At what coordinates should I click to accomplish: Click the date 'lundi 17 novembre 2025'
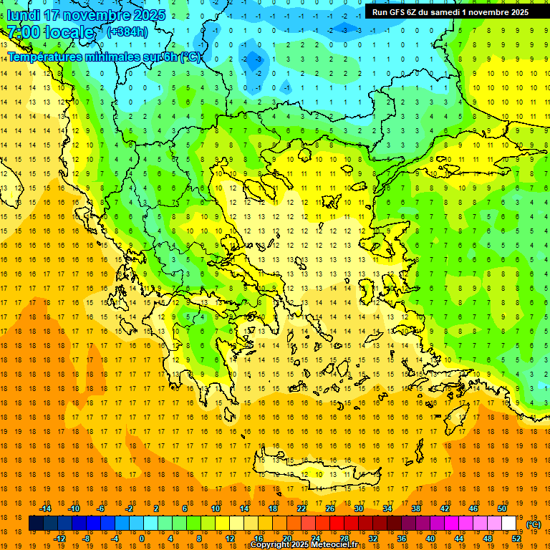coord(86,15)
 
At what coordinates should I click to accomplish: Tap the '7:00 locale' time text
coord(50,32)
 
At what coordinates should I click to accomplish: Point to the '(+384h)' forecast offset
coord(127,32)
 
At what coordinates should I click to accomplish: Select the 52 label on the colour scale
coord(516,539)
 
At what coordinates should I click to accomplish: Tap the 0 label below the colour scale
coord(141,539)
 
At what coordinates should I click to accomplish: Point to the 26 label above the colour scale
coord(330,508)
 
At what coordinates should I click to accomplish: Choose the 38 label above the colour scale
coord(416,508)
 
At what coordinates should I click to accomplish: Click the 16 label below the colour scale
coord(258,539)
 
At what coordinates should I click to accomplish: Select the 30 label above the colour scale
coord(359,508)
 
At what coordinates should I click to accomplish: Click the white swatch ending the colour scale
coord(508,524)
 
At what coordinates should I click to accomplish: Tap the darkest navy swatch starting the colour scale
coord(36,524)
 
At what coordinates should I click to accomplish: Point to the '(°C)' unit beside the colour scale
coord(534,524)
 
